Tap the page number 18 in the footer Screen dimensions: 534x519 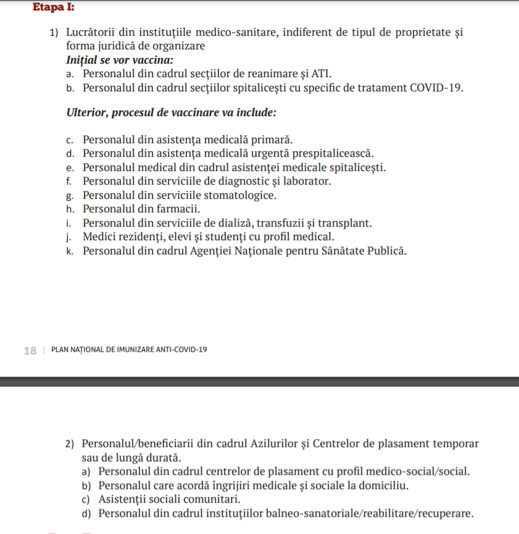[x=30, y=350]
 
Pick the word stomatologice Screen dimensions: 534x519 [x=239, y=195]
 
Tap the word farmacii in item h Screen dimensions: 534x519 [x=180, y=209]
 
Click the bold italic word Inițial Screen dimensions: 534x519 [x=84, y=60]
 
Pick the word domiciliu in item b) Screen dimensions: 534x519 [x=381, y=485]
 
